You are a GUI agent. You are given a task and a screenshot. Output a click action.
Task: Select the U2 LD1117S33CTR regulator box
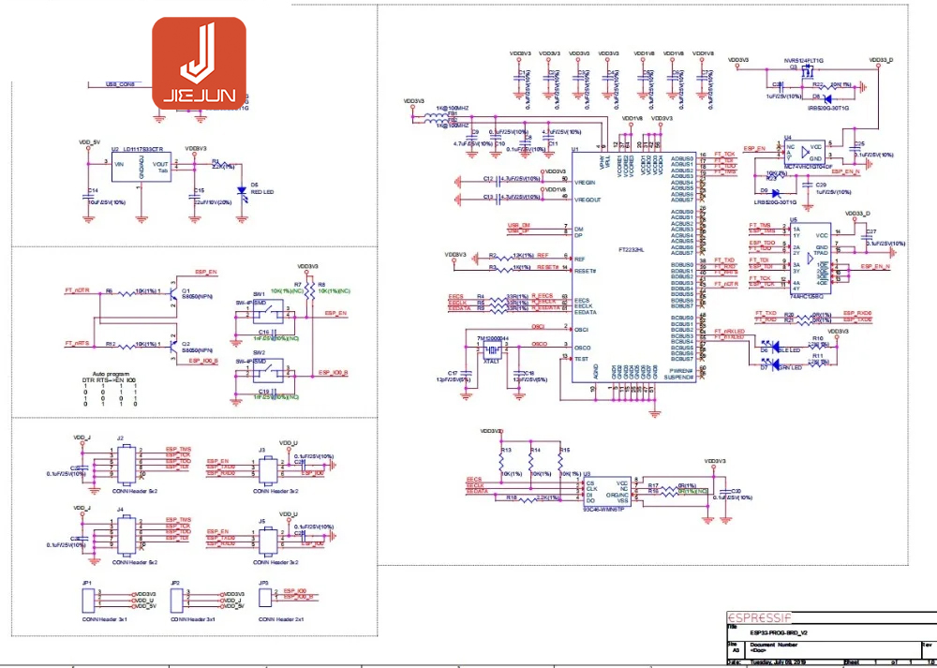pyautogui.click(x=141, y=170)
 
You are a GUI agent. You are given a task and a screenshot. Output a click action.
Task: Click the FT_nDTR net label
pyautogui.click(x=78, y=291)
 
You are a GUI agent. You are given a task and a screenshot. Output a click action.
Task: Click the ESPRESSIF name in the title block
pyautogui.click(x=759, y=618)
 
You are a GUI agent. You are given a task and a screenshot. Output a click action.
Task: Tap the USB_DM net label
pyautogui.click(x=519, y=226)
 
